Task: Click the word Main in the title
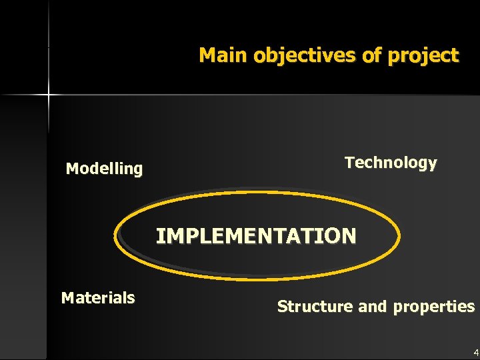223,55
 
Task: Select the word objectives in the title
305,55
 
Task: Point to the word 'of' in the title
371,55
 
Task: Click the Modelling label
104,169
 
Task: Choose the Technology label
391,163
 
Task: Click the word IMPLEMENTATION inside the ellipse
256,235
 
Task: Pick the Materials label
98,297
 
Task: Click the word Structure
315,307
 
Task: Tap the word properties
434,307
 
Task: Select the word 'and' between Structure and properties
373,307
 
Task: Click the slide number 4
475,352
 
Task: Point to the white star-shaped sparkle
48,96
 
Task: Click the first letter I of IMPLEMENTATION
160,235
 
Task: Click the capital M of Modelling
72,169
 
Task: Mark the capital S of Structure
282,307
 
